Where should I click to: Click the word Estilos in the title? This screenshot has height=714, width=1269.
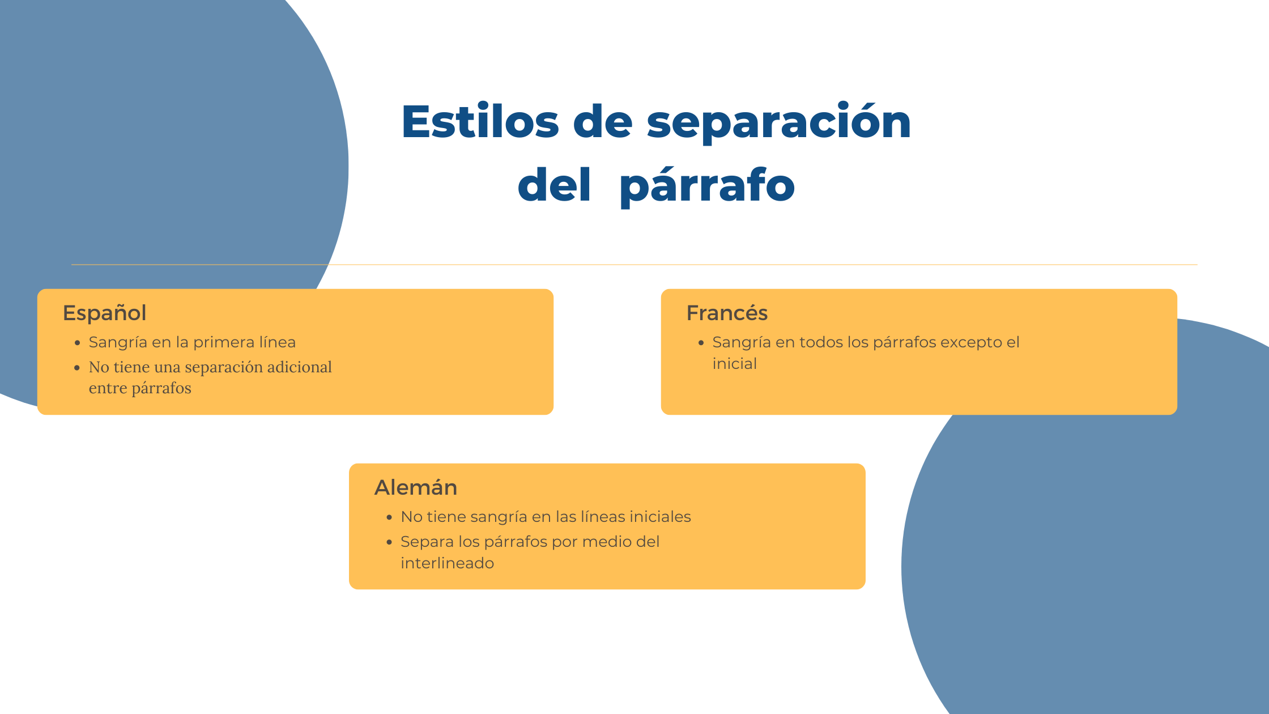coord(480,122)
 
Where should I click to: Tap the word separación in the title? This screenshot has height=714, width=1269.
coord(778,123)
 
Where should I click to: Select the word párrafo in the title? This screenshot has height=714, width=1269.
coord(707,186)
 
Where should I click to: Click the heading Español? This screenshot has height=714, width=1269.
coord(105,313)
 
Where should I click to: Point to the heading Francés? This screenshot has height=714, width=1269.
coord(727,313)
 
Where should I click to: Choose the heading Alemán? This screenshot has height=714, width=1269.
coord(416,488)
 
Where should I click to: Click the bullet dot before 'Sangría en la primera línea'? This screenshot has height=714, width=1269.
coord(78,343)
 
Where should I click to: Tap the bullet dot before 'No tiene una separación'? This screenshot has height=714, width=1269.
coord(78,368)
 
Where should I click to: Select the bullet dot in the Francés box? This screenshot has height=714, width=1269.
coord(701,343)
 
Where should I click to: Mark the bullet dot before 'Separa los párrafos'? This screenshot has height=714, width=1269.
coord(389,543)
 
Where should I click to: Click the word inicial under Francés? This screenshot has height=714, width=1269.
coord(734,364)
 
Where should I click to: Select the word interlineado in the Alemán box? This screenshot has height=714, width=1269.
coord(447,563)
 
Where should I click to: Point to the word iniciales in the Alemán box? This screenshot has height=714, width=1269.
coord(660,517)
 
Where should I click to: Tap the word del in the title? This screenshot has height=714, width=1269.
coord(554,186)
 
